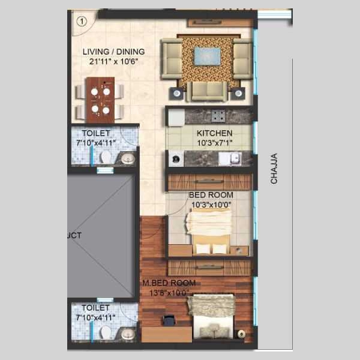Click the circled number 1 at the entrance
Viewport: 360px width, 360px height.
point(82,22)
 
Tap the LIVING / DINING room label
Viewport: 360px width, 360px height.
point(113,52)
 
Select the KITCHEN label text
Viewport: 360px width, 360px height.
point(214,133)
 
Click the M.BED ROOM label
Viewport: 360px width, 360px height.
point(169,283)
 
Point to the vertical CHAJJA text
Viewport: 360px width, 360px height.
point(274,169)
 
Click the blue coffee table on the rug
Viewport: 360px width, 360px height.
point(208,56)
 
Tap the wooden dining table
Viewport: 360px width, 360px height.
point(100,100)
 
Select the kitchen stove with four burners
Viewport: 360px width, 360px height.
point(218,115)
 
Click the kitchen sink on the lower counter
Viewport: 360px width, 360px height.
point(235,158)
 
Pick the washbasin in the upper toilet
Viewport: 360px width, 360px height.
point(128,158)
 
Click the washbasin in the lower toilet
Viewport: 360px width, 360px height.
point(128,334)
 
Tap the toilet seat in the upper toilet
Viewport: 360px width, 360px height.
point(106,157)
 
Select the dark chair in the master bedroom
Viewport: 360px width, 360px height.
point(169,320)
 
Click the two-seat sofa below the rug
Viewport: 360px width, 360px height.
point(208,91)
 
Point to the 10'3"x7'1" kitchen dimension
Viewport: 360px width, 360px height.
point(215,143)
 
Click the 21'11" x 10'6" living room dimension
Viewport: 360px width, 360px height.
point(113,62)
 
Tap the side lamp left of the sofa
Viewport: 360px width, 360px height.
point(177,93)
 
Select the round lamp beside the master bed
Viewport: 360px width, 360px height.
point(241,334)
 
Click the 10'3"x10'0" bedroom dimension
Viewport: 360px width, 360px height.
point(211,205)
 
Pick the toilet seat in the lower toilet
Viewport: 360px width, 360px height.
point(106,332)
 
